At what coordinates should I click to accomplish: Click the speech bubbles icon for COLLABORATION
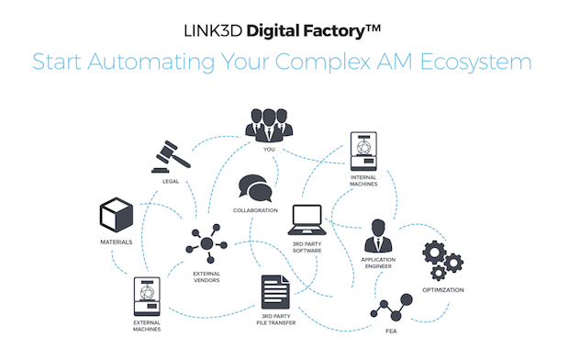click(256, 189)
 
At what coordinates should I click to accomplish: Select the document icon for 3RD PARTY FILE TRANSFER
click(275, 293)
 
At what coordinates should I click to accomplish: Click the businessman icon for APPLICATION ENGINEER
click(379, 236)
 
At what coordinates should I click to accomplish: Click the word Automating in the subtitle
click(184, 62)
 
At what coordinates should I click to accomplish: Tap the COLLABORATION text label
click(256, 210)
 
